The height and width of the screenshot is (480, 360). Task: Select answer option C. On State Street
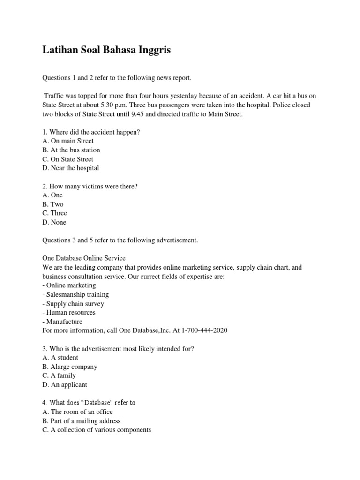click(67, 159)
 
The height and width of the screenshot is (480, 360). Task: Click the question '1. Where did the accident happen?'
click(91, 132)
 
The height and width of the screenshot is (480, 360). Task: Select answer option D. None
click(54, 222)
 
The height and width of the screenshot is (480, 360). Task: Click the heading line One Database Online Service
click(84, 258)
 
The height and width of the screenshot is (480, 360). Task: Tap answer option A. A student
click(60, 358)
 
